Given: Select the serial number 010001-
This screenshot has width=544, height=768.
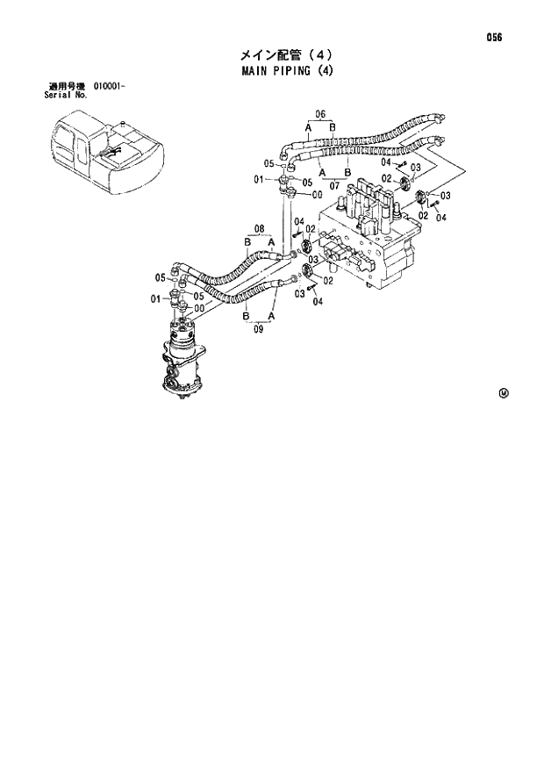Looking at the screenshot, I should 110,87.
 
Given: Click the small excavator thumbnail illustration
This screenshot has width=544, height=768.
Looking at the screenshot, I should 104,155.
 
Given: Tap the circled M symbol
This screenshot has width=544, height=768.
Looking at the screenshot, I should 504,392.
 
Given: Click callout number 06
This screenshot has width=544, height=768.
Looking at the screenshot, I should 320,114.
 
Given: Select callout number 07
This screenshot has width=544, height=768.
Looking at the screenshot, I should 334,185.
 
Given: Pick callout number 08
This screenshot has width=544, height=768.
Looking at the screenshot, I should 259,230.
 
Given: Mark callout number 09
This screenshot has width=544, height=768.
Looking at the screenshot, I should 258,330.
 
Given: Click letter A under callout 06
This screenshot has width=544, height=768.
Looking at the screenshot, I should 309,128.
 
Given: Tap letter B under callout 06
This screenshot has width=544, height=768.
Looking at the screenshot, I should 333,128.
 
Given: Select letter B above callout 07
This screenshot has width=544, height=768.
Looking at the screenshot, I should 347,172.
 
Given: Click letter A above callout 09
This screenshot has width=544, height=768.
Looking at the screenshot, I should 271,315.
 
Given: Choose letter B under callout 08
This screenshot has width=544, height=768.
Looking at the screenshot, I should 247,242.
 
